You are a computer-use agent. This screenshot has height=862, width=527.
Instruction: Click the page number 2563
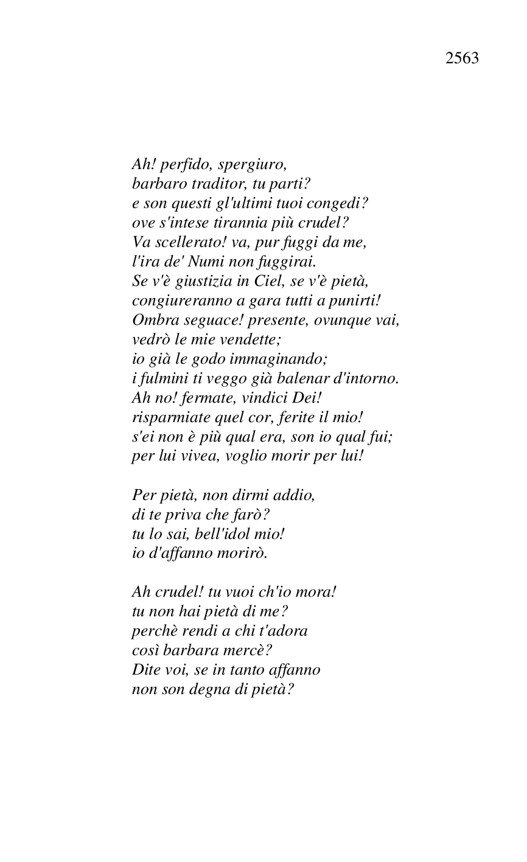pyautogui.click(x=462, y=58)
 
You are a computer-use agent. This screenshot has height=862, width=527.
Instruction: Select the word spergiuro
pyautogui.click(x=252, y=164)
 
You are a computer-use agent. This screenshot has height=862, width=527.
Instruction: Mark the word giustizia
pyautogui.click(x=188, y=281)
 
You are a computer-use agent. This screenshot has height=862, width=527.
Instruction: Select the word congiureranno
pyautogui.click(x=171, y=301)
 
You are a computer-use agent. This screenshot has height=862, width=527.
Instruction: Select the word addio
pyautogui.click(x=297, y=495)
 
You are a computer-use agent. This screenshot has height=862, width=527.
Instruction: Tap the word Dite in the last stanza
pyautogui.click(x=145, y=670)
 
